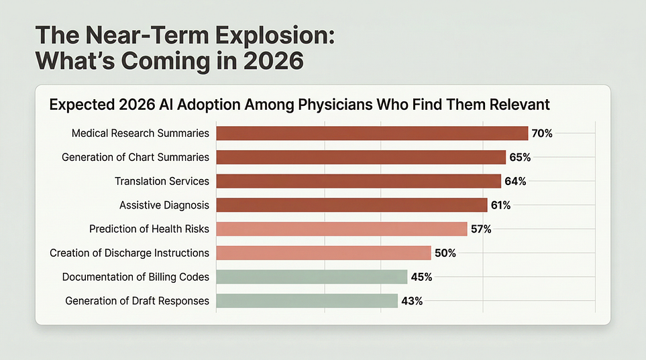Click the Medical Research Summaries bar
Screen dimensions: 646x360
pyautogui.click(x=372, y=133)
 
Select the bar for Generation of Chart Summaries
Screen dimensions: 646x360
pyautogui.click(x=361, y=158)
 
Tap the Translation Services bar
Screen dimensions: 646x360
pyautogui.click(x=358, y=181)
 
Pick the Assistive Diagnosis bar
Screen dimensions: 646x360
pyautogui.click(x=352, y=205)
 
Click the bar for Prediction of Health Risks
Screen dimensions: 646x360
pyautogui.click(x=341, y=229)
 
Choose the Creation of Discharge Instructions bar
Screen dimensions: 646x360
pyautogui.click(x=323, y=253)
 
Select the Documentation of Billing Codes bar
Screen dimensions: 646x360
pyautogui.click(x=312, y=277)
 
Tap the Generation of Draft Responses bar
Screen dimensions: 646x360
pyautogui.click(x=307, y=301)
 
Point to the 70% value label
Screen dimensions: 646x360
pyautogui.click(x=542, y=133)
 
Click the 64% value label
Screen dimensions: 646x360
pyautogui.click(x=515, y=181)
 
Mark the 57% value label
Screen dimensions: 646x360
pyautogui.click(x=481, y=229)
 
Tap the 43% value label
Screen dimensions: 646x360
pyautogui.click(x=412, y=301)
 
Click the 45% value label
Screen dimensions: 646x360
pyautogui.click(x=421, y=278)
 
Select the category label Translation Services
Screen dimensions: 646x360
pyautogui.click(x=162, y=181)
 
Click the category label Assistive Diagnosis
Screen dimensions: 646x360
pyautogui.click(x=164, y=205)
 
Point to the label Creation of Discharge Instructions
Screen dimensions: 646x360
pyautogui.click(x=129, y=253)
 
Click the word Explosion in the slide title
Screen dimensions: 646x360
pyautogui.click(x=275, y=36)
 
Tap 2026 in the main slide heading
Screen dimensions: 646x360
pyautogui.click(x=274, y=61)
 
